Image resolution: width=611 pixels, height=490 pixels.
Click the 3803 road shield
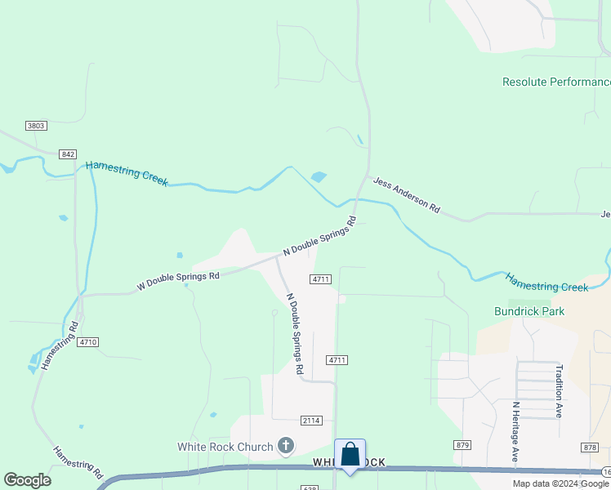(36, 126)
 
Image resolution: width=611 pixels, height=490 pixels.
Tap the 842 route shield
(68, 154)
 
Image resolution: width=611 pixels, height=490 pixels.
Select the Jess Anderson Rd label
(407, 195)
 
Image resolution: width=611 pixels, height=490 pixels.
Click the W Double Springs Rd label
(178, 281)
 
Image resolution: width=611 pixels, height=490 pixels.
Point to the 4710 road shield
(88, 342)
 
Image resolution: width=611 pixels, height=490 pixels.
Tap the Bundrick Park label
(529, 311)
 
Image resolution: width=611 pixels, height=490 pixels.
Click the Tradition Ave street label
(560, 391)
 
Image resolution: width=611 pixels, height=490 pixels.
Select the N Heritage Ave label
(515, 432)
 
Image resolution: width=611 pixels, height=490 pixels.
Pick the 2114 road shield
(310, 420)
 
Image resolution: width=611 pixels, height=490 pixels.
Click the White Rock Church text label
(225, 447)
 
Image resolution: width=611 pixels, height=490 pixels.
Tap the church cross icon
(285, 446)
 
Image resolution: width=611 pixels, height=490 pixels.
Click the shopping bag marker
(350, 456)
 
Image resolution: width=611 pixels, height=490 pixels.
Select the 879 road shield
(463, 444)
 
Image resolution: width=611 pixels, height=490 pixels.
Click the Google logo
(27, 480)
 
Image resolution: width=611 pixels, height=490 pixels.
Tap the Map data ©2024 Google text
(560, 483)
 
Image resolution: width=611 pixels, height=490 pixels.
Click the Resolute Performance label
(556, 82)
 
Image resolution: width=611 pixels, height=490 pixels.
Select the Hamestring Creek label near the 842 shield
(127, 173)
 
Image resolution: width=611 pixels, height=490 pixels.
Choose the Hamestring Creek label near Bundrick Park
(546, 282)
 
